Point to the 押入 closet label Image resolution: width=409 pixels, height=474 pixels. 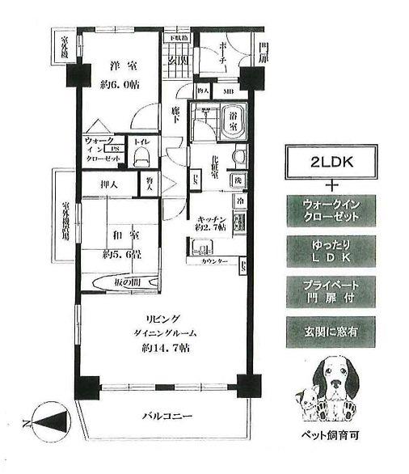point(108,184)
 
